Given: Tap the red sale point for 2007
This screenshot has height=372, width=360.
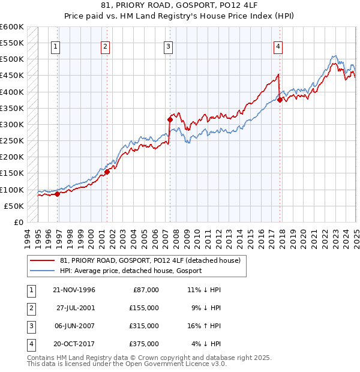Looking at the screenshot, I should click(170, 119).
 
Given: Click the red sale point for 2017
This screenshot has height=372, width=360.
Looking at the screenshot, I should click(280, 100).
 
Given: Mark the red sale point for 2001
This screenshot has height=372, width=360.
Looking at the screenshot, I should click(107, 172).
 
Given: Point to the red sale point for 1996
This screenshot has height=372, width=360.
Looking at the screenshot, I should click(58, 194).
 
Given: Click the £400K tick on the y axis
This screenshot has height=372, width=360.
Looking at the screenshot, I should click(12, 92).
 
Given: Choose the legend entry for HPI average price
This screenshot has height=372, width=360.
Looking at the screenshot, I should click(131, 271).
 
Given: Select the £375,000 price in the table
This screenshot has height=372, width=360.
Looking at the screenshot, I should click(145, 344).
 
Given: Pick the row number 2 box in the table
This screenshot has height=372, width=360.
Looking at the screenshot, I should click(29, 308).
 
